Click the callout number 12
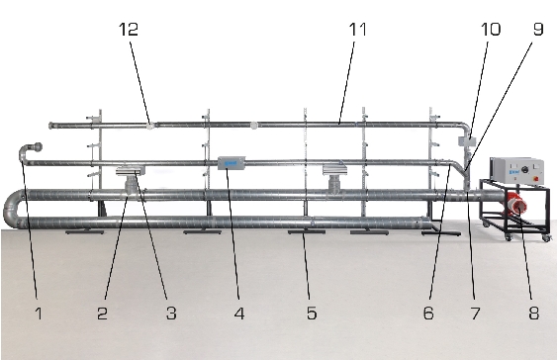coord(129,29)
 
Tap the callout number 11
coord(358,29)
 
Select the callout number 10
coord(491,29)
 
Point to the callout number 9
coord(538,29)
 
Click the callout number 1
coord(39,314)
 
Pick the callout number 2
coord(102,314)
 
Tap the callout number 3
coord(171,314)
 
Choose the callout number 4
coord(239,314)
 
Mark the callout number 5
coord(312,314)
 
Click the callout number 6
coord(428,314)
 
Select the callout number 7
coord(476,314)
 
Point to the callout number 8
coord(534,314)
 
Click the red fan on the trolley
coord(515,204)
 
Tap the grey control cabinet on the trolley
coord(516,171)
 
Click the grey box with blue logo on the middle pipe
coord(232,163)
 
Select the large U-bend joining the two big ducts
coord(14,209)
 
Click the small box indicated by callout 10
coord(467,141)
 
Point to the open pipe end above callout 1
coord(37,146)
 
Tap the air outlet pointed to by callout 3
coord(131,171)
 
